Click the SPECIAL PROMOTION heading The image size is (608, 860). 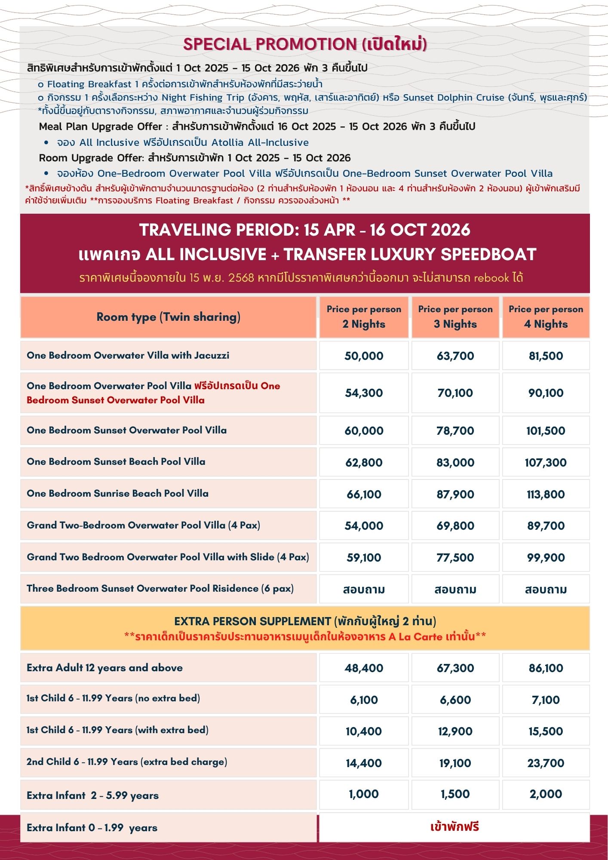click(305, 44)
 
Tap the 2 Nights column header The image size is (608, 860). click(364, 317)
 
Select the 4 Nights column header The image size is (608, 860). click(546, 317)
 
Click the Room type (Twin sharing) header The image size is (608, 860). click(168, 317)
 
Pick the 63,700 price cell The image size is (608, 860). click(455, 356)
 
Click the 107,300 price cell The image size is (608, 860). click(546, 463)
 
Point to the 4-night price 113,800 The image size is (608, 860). click(546, 494)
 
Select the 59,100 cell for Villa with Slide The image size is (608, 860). click(364, 558)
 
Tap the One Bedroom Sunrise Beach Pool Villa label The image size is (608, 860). click(117, 494)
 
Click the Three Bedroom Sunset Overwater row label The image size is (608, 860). click(160, 589)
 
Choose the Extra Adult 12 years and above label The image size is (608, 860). click(104, 668)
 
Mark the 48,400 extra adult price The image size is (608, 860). click(364, 668)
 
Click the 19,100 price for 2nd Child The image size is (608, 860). click(455, 763)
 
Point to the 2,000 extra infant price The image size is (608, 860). click(546, 794)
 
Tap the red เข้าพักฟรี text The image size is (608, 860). click(454, 827)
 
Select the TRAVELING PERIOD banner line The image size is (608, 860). click(305, 230)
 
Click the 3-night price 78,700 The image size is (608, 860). click(455, 431)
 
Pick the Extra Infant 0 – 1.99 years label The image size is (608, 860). click(92, 828)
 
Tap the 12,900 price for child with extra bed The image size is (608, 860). click(455, 731)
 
